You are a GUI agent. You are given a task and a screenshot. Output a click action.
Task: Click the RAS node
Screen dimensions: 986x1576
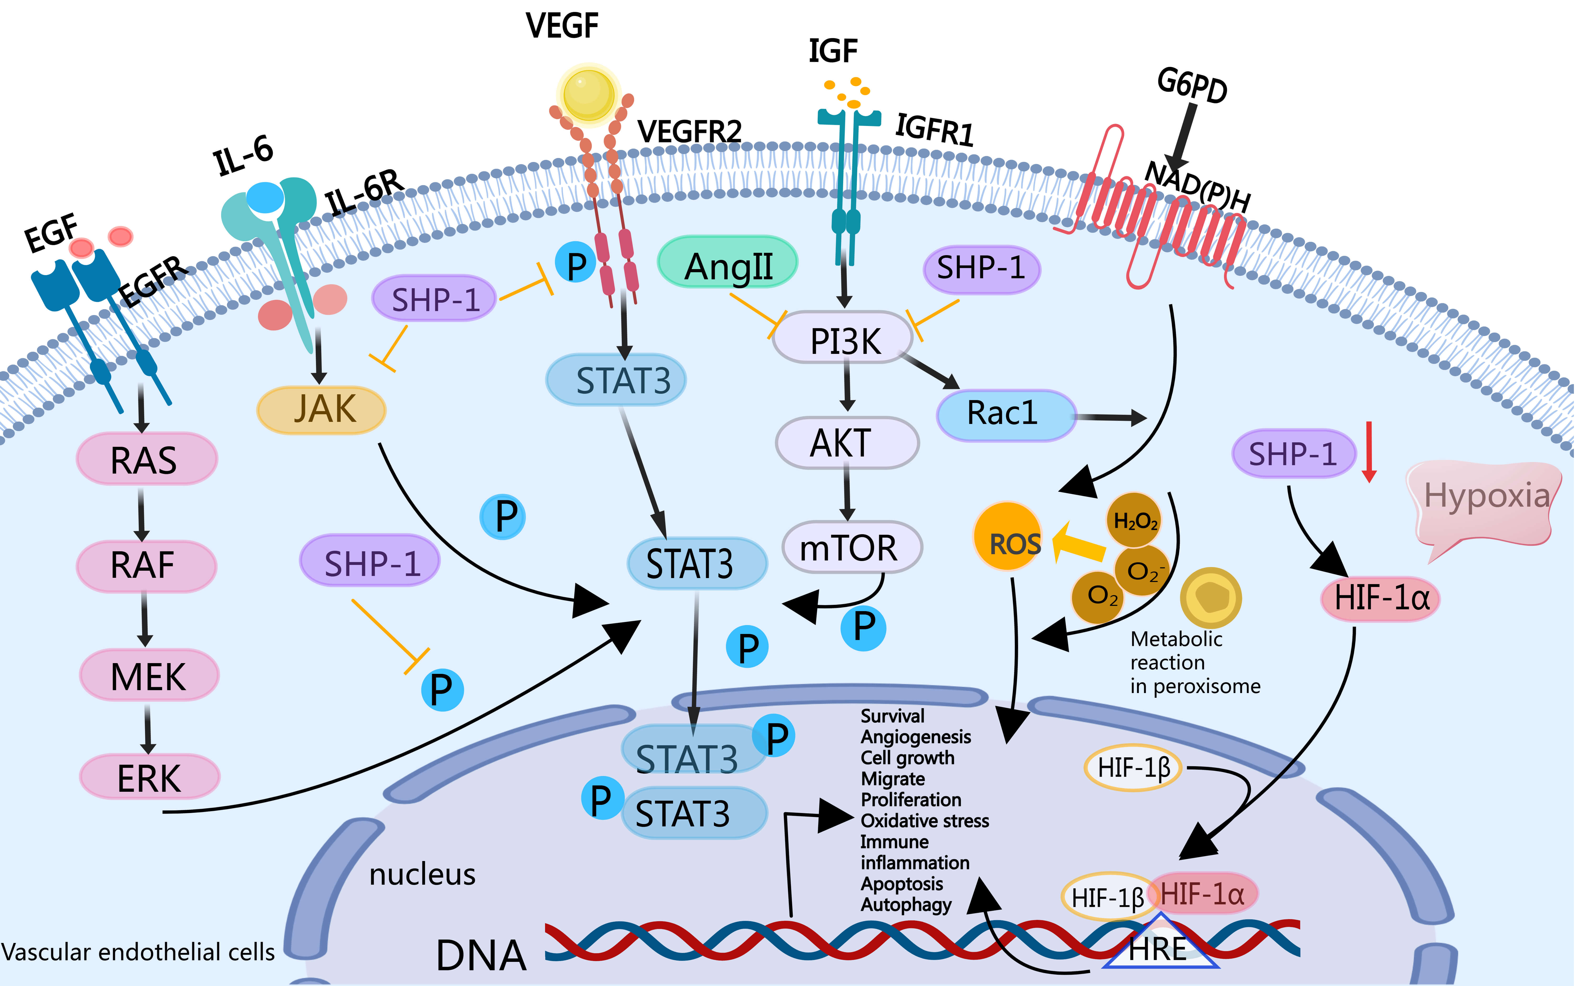click(x=146, y=459)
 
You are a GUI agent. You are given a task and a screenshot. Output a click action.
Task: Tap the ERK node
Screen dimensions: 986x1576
click(x=149, y=777)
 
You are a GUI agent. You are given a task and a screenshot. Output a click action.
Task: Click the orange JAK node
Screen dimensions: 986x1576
click(x=322, y=410)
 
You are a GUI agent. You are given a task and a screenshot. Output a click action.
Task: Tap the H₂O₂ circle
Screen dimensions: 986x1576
click(x=1134, y=520)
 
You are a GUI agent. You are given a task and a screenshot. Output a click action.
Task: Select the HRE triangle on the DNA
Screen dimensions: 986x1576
click(x=1159, y=946)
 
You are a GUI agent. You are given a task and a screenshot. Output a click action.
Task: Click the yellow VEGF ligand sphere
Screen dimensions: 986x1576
click(x=588, y=93)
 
